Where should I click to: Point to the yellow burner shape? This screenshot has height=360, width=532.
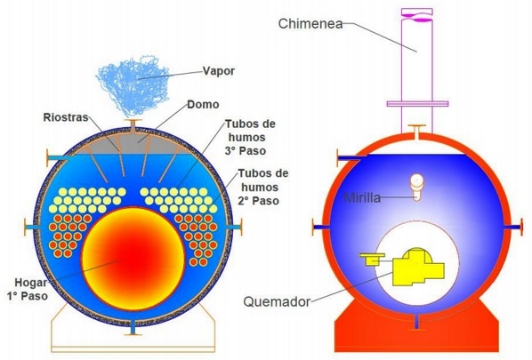click(410, 268)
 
